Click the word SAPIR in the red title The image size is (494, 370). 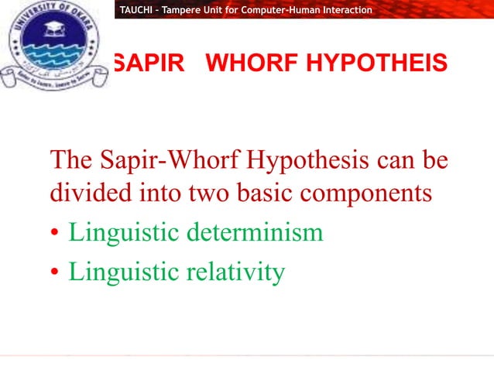[x=147, y=63]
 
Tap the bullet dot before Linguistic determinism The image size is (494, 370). [x=55, y=233]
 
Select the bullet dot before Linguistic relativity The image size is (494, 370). [x=55, y=272]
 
